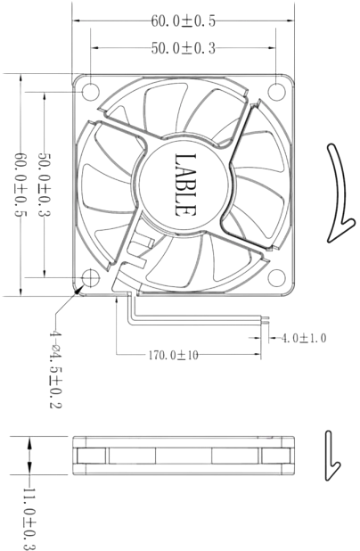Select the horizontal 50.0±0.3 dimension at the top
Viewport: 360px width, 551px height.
click(184, 49)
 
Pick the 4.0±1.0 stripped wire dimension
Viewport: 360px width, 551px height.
click(304, 339)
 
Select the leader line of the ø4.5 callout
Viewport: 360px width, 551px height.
click(64, 307)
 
